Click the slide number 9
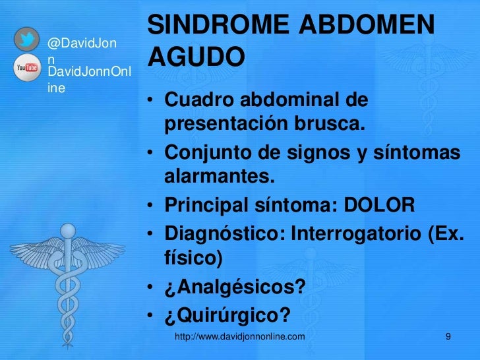448,338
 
